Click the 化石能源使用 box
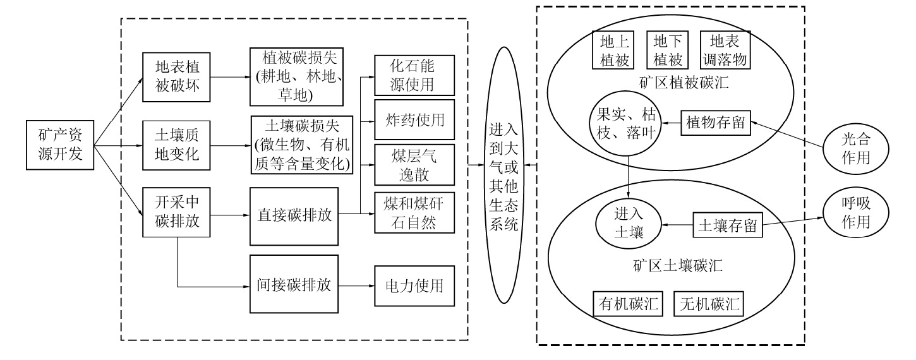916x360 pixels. [x=414, y=75]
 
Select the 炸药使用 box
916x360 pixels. [x=414, y=119]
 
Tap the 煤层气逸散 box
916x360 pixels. [x=414, y=165]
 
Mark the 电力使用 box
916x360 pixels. [x=414, y=285]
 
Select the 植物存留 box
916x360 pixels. [x=716, y=123]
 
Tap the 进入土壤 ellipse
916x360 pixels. [x=629, y=225]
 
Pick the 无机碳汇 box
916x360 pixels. [x=709, y=304]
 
